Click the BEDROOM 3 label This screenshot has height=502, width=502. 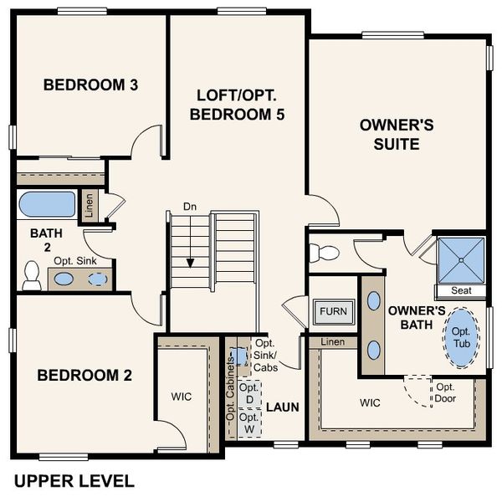click(x=90, y=85)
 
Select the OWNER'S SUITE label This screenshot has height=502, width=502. click(x=396, y=135)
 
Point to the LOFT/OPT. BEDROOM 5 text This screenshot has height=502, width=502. click(x=238, y=105)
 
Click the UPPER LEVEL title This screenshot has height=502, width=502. click(x=74, y=480)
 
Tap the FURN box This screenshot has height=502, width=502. click(x=333, y=312)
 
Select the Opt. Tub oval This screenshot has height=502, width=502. click(x=463, y=336)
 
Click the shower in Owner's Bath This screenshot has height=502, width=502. click(x=459, y=259)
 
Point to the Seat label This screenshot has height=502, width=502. click(x=460, y=291)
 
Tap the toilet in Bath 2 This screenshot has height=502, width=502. click(x=32, y=274)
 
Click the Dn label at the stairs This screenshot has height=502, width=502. click(x=190, y=206)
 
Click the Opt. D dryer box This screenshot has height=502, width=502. click(x=248, y=394)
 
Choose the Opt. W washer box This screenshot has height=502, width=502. click(x=248, y=422)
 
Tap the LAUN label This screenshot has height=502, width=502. click(x=283, y=407)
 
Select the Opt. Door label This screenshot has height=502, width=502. click(x=443, y=392)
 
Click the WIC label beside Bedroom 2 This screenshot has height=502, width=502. click(x=181, y=396)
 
